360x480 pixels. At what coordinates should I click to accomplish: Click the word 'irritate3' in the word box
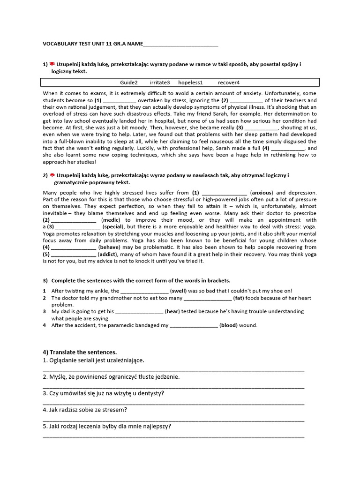pyautogui.click(x=160, y=82)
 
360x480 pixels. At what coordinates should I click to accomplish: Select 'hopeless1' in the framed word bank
pyautogui.click(x=190, y=82)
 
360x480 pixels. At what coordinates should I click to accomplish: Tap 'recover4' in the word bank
pyautogui.click(x=229, y=82)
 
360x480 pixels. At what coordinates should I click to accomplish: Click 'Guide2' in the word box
pyautogui.click(x=129, y=82)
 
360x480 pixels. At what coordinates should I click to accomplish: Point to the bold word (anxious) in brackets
pyautogui.click(x=261, y=193)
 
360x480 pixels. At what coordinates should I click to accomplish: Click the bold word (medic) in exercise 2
pyautogui.click(x=111, y=220)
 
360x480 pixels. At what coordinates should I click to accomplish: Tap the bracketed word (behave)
pyautogui.click(x=109, y=247)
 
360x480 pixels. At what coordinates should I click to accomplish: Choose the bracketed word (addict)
pyautogui.click(x=109, y=254)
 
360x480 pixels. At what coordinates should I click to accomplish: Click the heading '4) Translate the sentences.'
pyautogui.click(x=80, y=352)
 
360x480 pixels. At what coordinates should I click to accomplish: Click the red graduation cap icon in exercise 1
pyautogui.click(x=52, y=64)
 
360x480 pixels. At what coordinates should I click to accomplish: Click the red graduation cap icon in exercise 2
pyautogui.click(x=52, y=175)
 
